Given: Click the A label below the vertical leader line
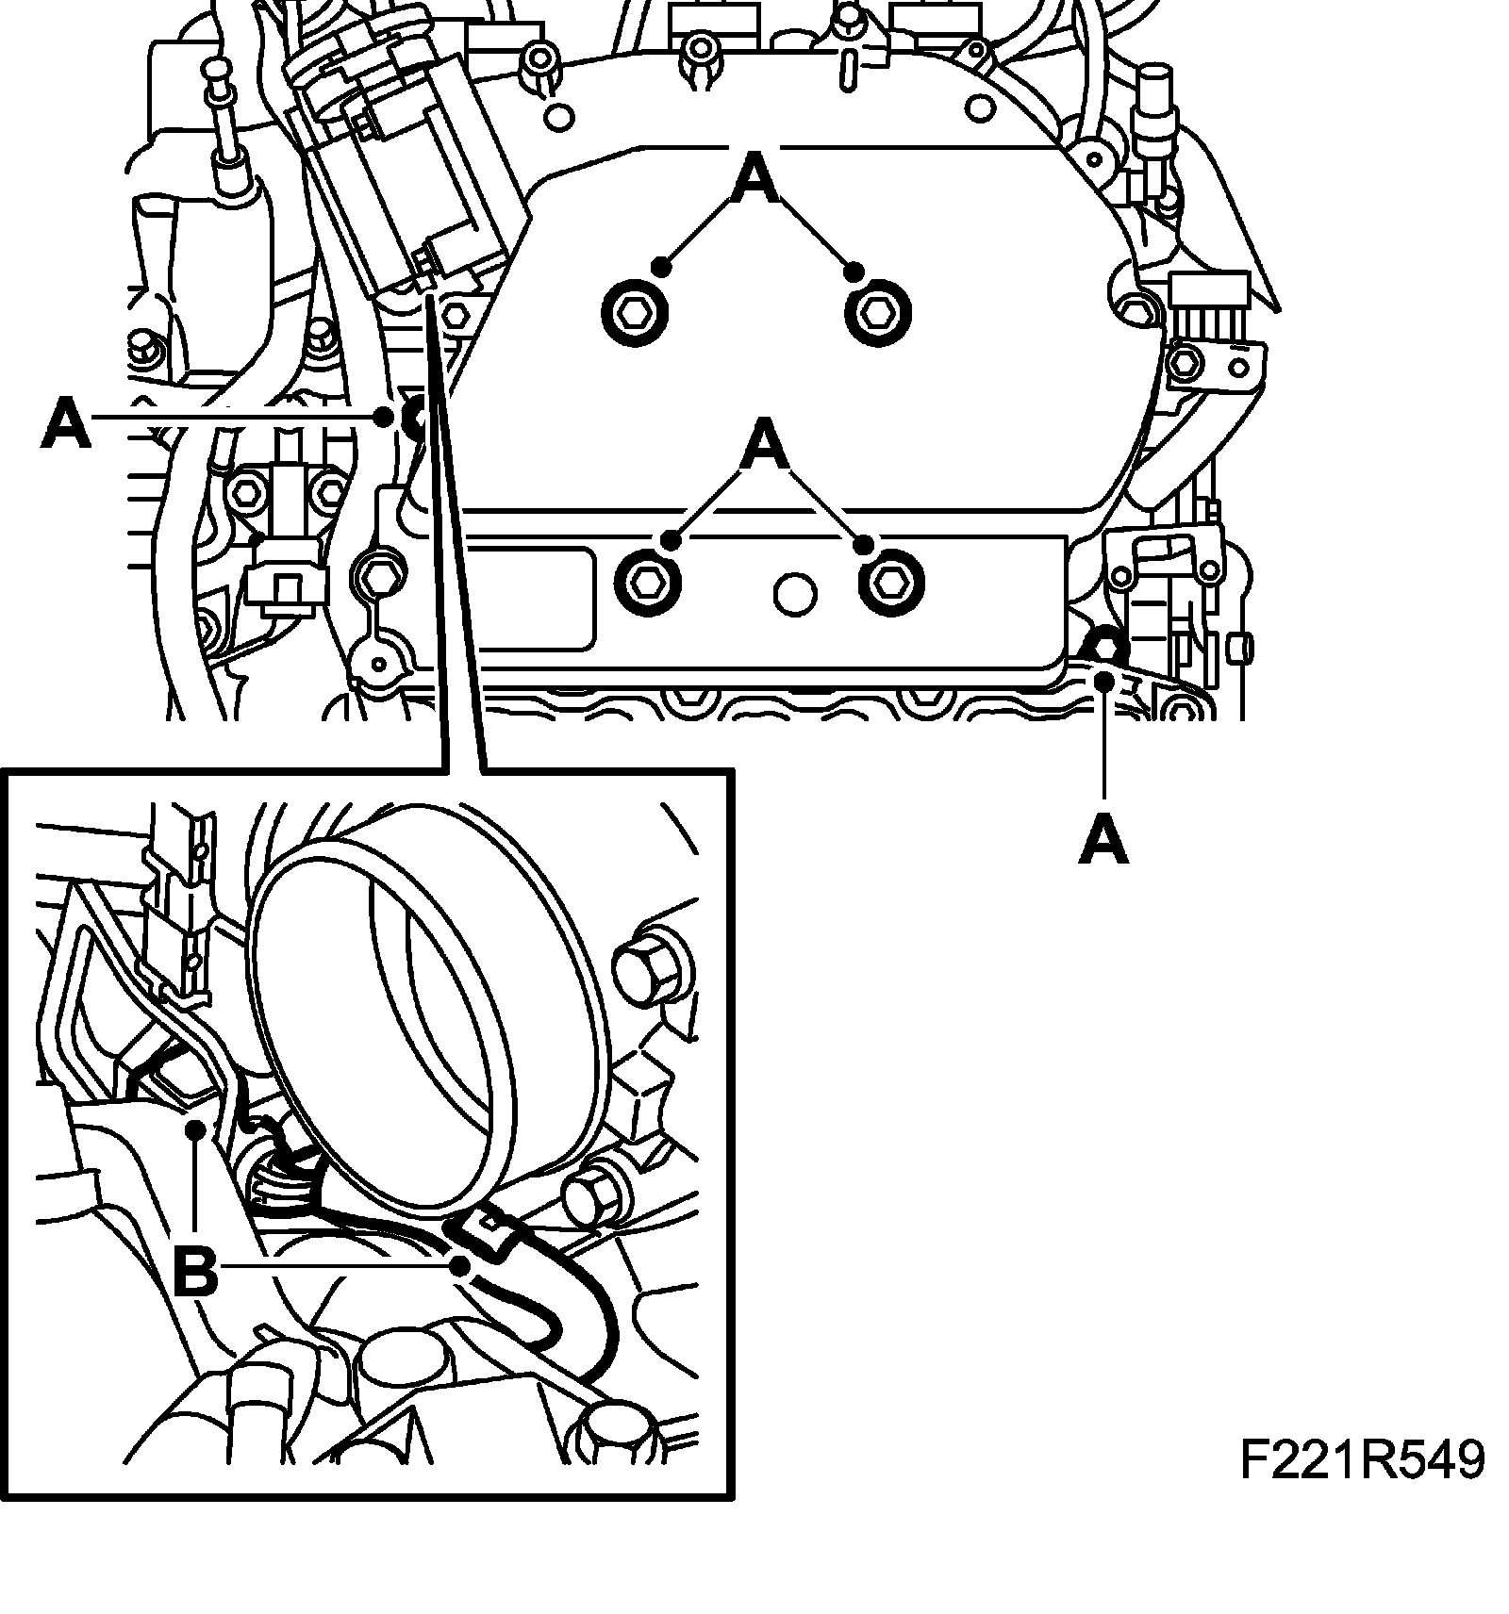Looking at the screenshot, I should [x=1103, y=841].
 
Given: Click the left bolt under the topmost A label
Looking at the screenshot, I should [x=634, y=310].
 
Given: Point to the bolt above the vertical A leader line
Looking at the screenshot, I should [x=1104, y=649].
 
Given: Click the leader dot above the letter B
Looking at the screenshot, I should [x=195, y=1128].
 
